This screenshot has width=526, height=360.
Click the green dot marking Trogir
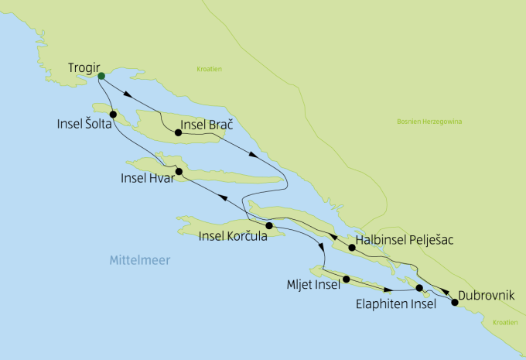coord(101,75)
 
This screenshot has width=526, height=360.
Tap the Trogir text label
coord(84,67)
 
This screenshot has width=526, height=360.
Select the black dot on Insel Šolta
coord(113,115)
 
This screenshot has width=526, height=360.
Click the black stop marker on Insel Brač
coord(178,133)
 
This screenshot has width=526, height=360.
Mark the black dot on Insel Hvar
coord(179,172)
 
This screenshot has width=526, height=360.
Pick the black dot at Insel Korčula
coord(269,226)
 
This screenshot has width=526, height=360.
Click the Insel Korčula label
coord(233,236)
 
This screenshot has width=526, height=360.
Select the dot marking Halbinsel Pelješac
coord(352,248)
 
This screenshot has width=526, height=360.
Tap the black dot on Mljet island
coord(347,279)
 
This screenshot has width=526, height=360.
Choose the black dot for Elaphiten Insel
coord(419,289)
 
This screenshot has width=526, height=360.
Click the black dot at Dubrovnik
coord(455,303)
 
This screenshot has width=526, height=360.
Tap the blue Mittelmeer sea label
coord(139,259)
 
